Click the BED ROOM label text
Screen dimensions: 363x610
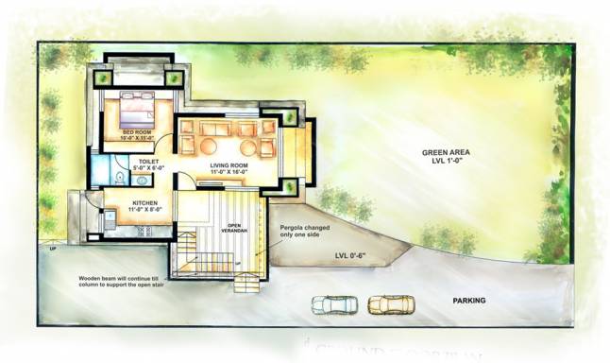[x=138, y=131]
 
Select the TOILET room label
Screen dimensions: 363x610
[x=148, y=162]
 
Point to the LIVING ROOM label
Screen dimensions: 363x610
[x=228, y=164]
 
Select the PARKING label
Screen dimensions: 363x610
[x=468, y=301]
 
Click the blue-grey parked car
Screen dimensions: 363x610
[x=334, y=304]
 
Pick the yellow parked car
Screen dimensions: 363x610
[x=389, y=304]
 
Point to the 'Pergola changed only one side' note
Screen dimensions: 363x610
[x=303, y=233]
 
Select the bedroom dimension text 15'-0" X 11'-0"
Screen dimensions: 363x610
[x=138, y=138]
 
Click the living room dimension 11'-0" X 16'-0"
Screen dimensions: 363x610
[x=228, y=171]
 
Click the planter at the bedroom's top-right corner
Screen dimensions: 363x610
[x=175, y=78]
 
